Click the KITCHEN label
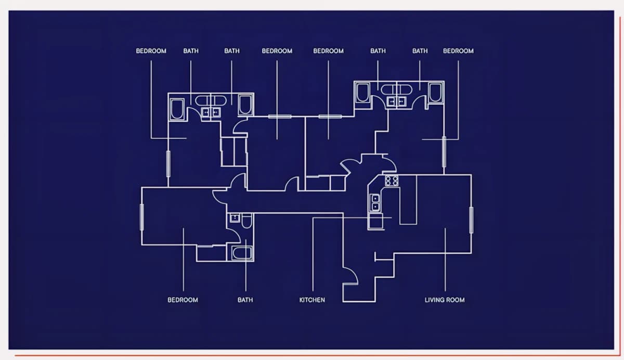coord(312,300)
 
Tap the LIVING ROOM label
coord(445,300)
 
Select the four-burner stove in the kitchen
coord(392,181)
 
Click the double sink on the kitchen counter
coord(375,202)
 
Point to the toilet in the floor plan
coord(246,221)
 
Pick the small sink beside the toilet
coord(235,217)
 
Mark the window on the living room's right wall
coord(471,220)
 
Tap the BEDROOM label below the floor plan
coord(183,300)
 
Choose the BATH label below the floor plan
coord(245,300)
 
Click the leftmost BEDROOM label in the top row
coord(151,51)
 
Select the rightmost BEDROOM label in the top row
coord(458,51)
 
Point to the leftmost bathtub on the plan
coord(177,109)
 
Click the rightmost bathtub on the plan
coord(435,93)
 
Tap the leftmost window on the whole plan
coord(142,217)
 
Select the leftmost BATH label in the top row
coord(191,51)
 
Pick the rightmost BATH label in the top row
coord(420,51)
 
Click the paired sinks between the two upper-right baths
coord(396,101)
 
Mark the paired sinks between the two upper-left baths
coord(211,112)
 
